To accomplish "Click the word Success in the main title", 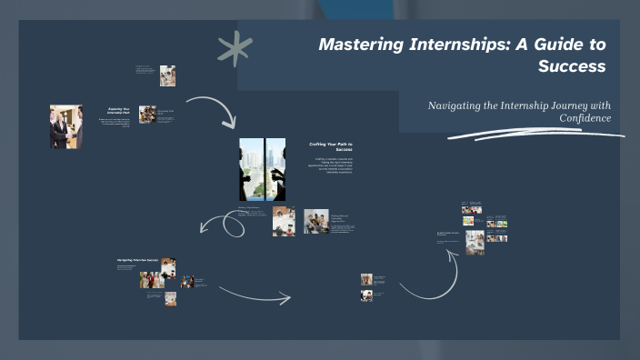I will [571, 66].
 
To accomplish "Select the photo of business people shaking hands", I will [65, 126].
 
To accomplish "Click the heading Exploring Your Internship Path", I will [120, 112].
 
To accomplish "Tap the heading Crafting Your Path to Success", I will [331, 146].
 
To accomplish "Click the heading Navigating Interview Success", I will [137, 260].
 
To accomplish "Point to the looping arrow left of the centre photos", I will [223, 224].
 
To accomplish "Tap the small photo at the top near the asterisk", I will [167, 75].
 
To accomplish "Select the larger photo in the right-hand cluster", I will [474, 241].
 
